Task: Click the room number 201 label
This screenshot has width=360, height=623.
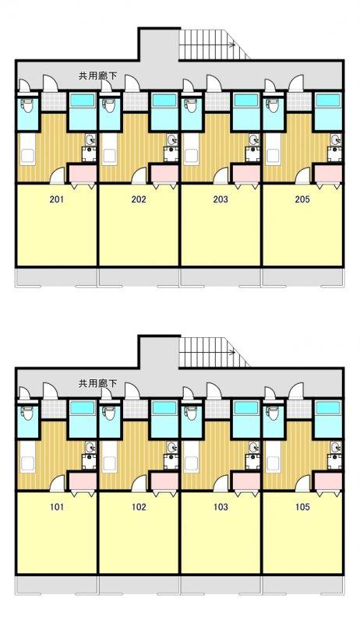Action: pyautogui.click(x=56, y=199)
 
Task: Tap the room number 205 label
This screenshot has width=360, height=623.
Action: pyautogui.click(x=302, y=199)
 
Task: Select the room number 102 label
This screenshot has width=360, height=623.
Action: pyautogui.click(x=139, y=507)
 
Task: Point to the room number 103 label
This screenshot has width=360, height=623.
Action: pyautogui.click(x=221, y=507)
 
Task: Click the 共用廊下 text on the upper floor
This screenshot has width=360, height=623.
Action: pyautogui.click(x=97, y=76)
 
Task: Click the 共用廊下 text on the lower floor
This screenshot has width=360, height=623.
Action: pyautogui.click(x=97, y=383)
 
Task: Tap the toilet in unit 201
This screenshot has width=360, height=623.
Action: pyautogui.click(x=27, y=105)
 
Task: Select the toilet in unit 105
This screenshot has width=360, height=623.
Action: pyautogui.click(x=273, y=413)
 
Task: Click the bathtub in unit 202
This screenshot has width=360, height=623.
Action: pyautogui.click(x=164, y=100)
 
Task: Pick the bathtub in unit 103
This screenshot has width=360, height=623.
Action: pyautogui.click(x=245, y=408)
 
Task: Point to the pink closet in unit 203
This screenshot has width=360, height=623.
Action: pyautogui.click(x=246, y=173)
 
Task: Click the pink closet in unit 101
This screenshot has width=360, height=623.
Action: pyautogui.click(x=83, y=481)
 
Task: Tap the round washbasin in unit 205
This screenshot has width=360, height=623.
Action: pyautogui.click(x=335, y=140)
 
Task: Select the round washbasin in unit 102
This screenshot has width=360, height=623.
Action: pyautogui.click(x=171, y=448)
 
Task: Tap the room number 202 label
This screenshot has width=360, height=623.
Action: pyautogui.click(x=139, y=199)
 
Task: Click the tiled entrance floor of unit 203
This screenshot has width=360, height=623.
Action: pyautogui.click(x=217, y=102)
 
